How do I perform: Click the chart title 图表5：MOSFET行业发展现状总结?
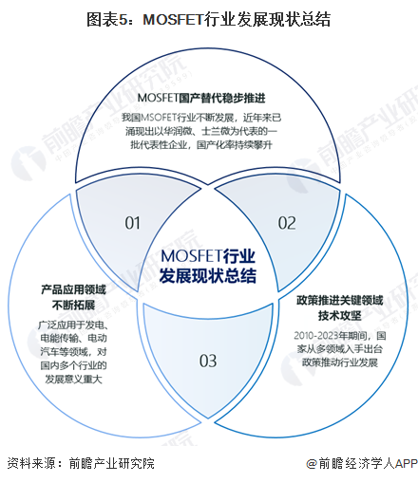click(x=208, y=19)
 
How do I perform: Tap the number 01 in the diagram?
click(x=132, y=223)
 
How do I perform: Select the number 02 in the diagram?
click(x=287, y=223)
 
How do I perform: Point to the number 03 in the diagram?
click(x=208, y=361)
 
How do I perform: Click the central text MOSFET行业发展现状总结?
click(x=208, y=266)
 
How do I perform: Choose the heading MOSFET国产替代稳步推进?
click(x=201, y=98)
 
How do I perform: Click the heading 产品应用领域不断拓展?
click(x=73, y=297)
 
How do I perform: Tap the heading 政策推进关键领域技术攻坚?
click(x=340, y=307)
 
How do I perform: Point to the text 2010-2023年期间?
click(x=331, y=336)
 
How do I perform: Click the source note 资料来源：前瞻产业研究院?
click(x=81, y=463)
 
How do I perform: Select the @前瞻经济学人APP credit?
click(x=362, y=464)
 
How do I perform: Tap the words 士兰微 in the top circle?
click(x=212, y=131)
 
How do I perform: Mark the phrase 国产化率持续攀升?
click(x=235, y=145)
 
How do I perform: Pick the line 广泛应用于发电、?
click(x=73, y=325)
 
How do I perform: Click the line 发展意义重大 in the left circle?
click(x=73, y=380)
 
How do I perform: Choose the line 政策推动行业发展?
click(x=340, y=362)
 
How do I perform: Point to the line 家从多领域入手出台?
click(x=340, y=349)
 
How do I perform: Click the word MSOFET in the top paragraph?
click(x=159, y=118)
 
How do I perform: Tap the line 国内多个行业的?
click(x=73, y=365)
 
